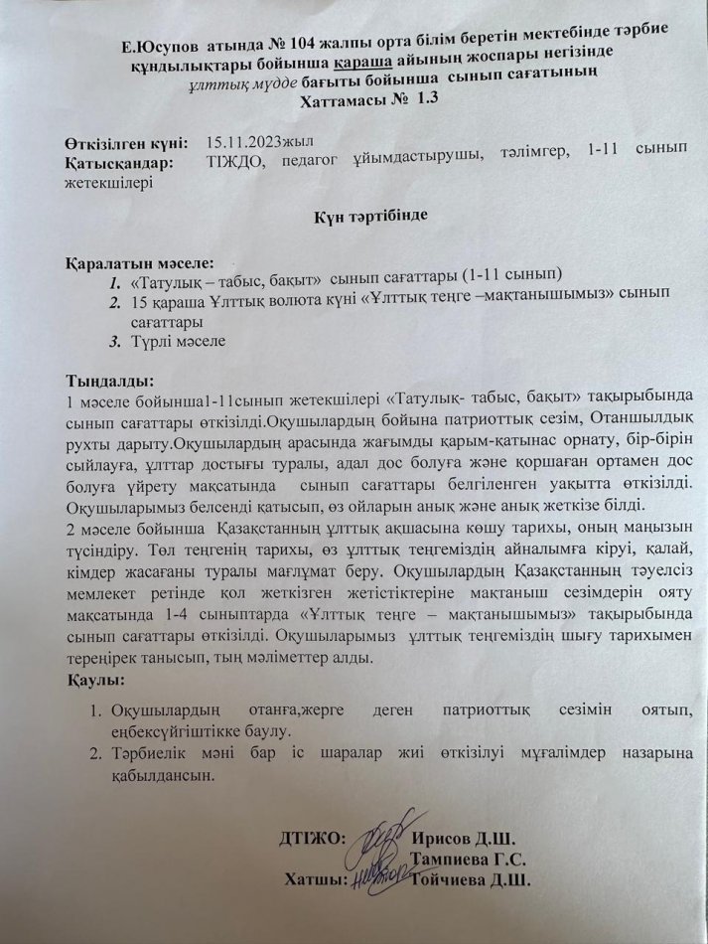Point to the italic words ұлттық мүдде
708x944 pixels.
238,82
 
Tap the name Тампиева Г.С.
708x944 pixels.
468,861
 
